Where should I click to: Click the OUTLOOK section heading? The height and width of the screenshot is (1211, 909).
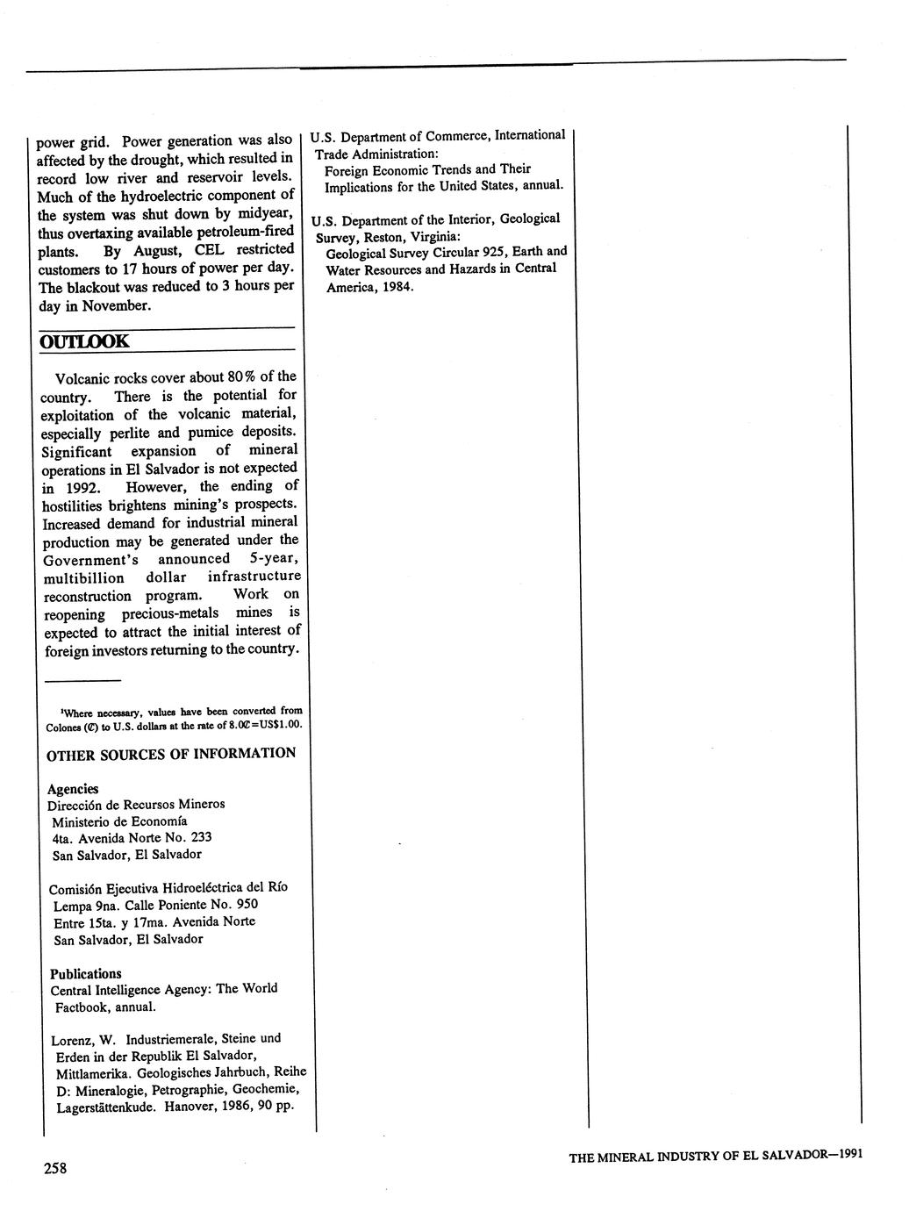[85, 340]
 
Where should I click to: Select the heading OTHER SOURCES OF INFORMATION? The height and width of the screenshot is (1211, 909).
[171, 753]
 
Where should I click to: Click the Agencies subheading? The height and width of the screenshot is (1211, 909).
[73, 788]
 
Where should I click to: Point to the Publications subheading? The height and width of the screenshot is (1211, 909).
[86, 973]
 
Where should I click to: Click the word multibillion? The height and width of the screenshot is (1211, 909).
[84, 578]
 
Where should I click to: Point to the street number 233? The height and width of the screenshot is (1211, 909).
[201, 837]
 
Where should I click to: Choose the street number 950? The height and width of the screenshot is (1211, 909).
[247, 904]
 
